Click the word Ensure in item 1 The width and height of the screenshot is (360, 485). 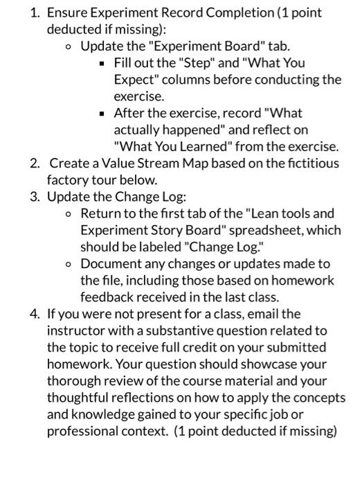pos(67,12)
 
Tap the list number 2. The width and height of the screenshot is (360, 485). pos(34,164)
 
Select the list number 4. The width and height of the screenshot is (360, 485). pos(34,314)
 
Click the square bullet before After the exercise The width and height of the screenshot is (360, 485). pos(102,113)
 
